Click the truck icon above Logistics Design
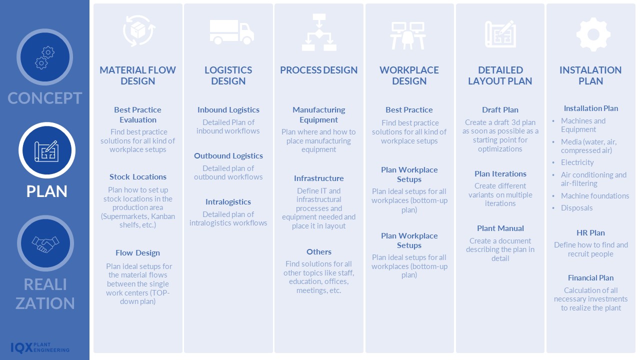[231, 32]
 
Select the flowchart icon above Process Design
[319, 32]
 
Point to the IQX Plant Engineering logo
[40, 347]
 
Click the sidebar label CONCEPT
[45, 98]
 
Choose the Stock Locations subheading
[138, 177]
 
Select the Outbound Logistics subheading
[228, 156]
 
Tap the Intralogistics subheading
[228, 202]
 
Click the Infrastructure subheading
[319, 178]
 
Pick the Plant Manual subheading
[500, 228]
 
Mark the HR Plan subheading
[590, 233]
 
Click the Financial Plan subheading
[590, 278]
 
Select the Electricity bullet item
[577, 162]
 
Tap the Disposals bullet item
[577, 208]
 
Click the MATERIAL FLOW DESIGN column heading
[138, 75]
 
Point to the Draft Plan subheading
[500, 110]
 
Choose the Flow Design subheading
[138, 253]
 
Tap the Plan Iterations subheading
[500, 174]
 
